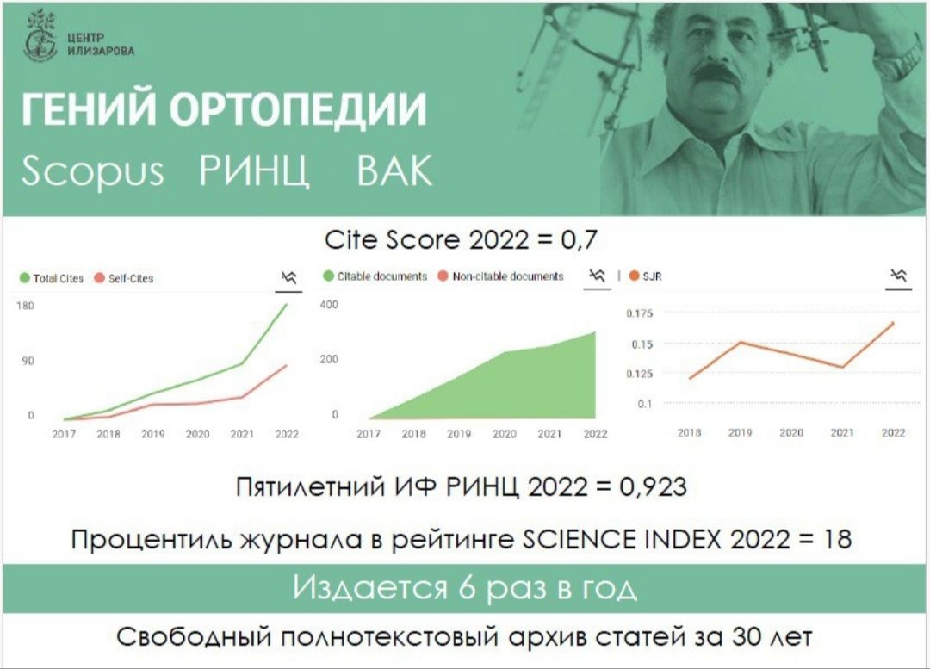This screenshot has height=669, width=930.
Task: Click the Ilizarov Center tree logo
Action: click(x=40, y=35)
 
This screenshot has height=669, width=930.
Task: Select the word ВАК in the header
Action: click(x=394, y=170)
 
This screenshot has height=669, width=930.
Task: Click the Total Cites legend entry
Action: click(x=52, y=278)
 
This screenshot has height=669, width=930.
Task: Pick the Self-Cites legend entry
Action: click(x=124, y=278)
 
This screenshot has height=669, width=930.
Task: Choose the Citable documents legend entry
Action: click(x=375, y=276)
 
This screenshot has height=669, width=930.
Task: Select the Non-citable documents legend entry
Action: click(x=500, y=276)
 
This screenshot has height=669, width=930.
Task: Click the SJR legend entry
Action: click(x=645, y=276)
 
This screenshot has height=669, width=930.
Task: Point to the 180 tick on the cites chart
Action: click(x=26, y=306)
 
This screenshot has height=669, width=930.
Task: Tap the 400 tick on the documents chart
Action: click(x=329, y=304)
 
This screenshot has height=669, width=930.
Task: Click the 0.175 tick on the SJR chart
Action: click(x=639, y=313)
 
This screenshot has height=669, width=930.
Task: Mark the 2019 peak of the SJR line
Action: click(x=741, y=342)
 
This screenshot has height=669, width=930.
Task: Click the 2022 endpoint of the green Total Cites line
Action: click(x=287, y=305)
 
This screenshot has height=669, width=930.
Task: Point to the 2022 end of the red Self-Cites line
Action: click(x=287, y=365)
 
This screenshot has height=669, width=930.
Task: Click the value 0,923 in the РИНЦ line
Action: click(x=653, y=487)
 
